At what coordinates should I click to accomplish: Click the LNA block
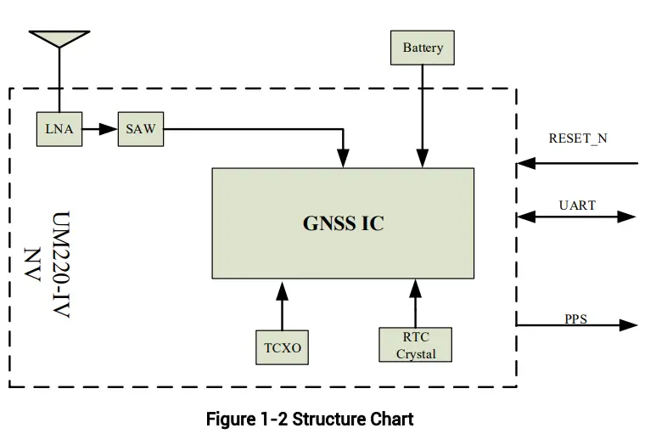59,129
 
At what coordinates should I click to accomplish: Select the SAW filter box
140,129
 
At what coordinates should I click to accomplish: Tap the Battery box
422,48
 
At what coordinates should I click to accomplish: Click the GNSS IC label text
343,223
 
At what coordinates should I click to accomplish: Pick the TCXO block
282,346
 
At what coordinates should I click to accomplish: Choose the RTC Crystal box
415,345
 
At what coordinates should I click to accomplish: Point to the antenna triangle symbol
59,38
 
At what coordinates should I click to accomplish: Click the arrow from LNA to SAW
100,129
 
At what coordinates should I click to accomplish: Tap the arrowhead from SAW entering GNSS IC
343,158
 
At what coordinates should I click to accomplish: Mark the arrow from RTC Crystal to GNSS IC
415,302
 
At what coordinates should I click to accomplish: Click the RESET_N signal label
577,138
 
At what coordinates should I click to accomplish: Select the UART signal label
577,205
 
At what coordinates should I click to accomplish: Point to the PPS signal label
575,319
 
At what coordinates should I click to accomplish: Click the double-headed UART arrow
576,217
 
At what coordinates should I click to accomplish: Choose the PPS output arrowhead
628,324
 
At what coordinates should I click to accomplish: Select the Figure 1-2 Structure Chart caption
310,420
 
